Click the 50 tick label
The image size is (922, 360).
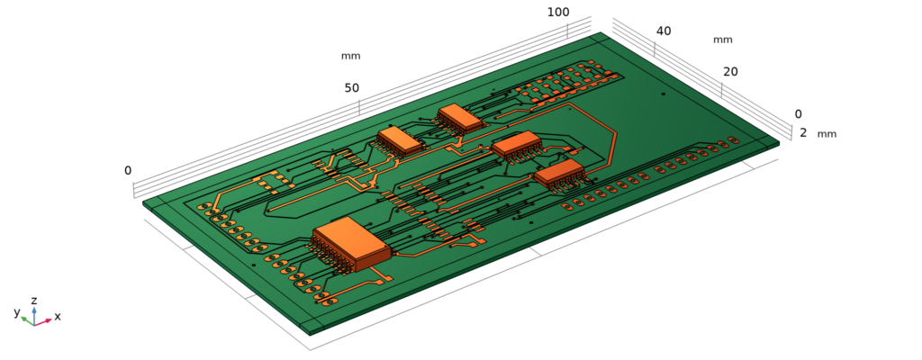pyautogui.click(x=351, y=87)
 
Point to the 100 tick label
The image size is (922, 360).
pyautogui.click(x=558, y=12)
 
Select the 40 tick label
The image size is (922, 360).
pyautogui.click(x=664, y=31)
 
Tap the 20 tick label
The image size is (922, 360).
pyautogui.click(x=730, y=72)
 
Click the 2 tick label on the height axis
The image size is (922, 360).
pyautogui.click(x=803, y=133)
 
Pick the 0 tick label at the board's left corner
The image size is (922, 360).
pyautogui.click(x=128, y=171)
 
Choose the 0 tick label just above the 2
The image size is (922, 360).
pyautogui.click(x=798, y=114)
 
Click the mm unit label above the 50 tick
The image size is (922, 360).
pyautogui.click(x=350, y=56)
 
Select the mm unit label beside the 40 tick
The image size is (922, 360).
pyautogui.click(x=722, y=40)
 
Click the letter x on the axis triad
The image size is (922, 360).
pyautogui.click(x=58, y=317)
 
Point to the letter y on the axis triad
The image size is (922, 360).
pyautogui.click(x=17, y=312)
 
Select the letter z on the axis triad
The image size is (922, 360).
pyautogui.click(x=33, y=301)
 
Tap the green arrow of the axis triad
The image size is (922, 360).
pyautogui.click(x=25, y=319)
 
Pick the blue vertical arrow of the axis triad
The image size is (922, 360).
pyautogui.click(x=34, y=311)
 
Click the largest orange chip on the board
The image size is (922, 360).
pyautogui.click(x=351, y=242)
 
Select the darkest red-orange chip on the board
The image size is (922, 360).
pyautogui.click(x=560, y=174)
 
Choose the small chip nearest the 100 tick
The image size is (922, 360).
pyautogui.click(x=460, y=117)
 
